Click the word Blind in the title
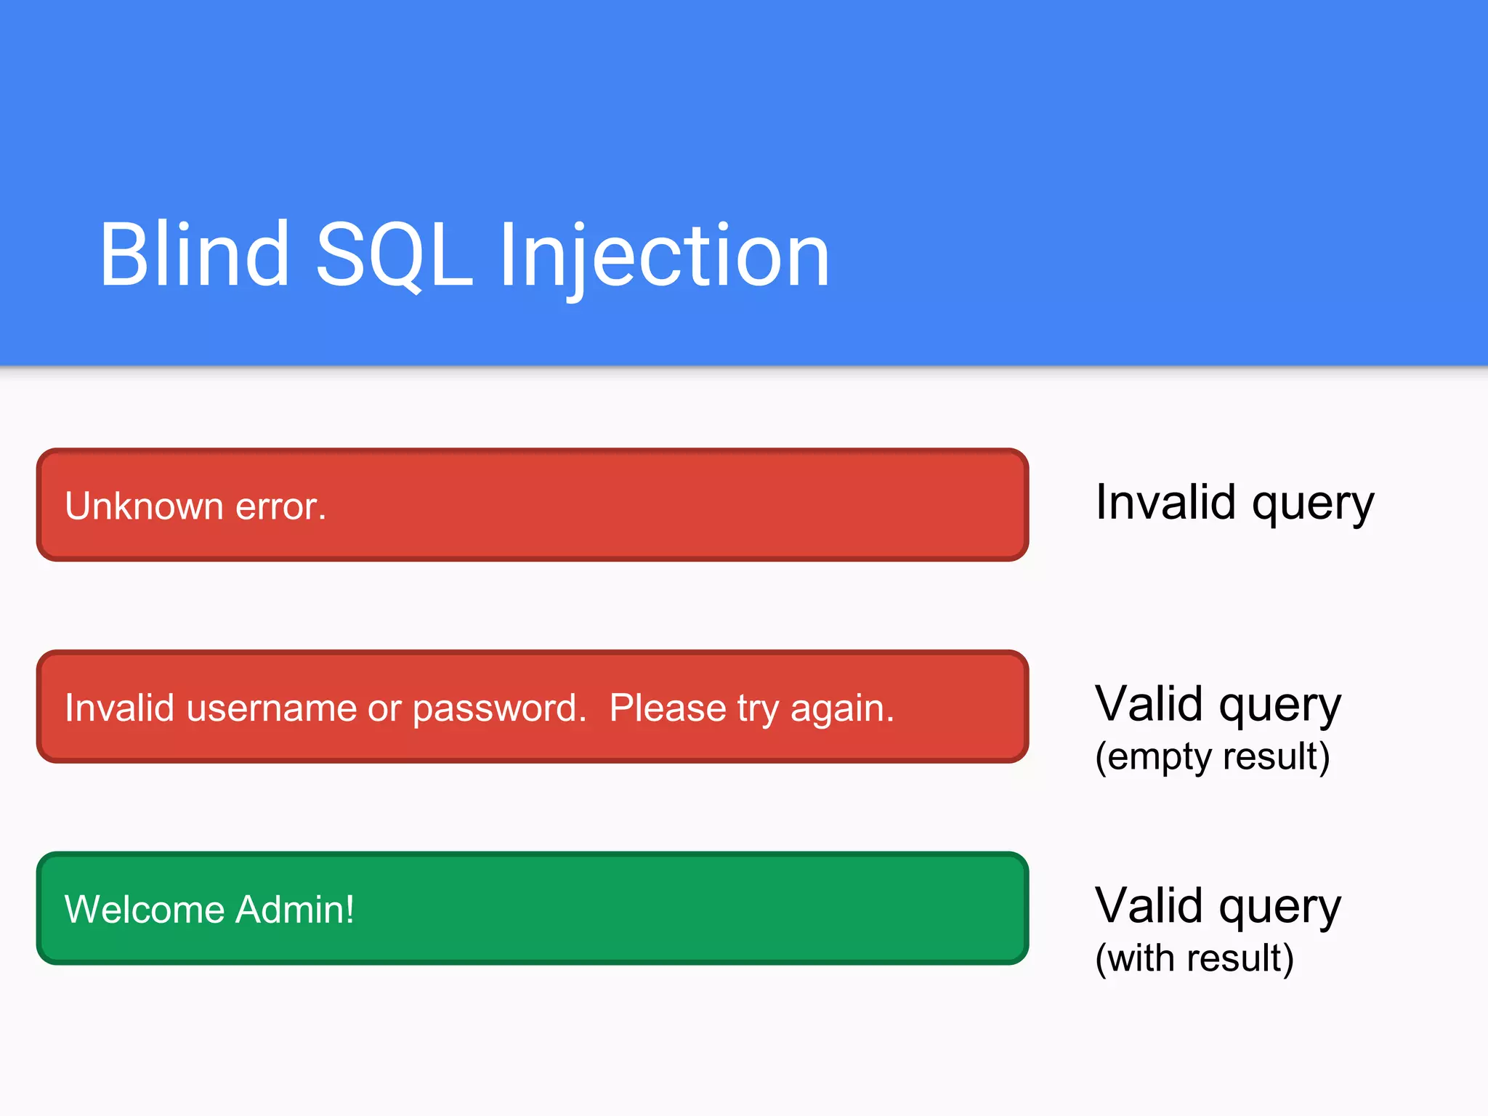click(x=194, y=255)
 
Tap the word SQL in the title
click(x=395, y=255)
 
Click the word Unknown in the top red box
click(x=144, y=506)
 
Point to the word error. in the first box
click(x=280, y=506)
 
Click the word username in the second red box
click(x=272, y=708)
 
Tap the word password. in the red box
click(x=499, y=708)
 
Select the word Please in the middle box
click(x=668, y=708)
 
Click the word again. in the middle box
click(x=842, y=708)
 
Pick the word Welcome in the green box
click(x=145, y=909)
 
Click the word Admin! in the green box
click(x=295, y=909)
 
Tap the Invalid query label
click(x=1234, y=503)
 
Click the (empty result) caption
click(x=1212, y=756)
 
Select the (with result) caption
click(x=1194, y=958)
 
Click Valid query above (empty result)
click(x=1218, y=704)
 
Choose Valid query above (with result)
click(x=1218, y=906)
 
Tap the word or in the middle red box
click(x=384, y=708)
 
